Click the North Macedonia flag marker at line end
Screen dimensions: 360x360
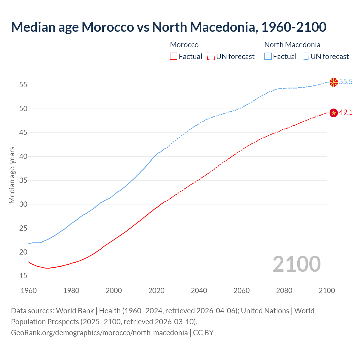tap(334, 82)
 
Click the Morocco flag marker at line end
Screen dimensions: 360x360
tap(334, 113)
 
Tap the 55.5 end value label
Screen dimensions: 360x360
tap(346, 82)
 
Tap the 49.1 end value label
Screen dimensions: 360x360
tap(346, 112)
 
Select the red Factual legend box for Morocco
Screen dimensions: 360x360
tap(174, 57)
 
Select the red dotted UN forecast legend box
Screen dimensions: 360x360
tap(211, 57)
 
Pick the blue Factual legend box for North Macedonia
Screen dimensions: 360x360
tap(268, 57)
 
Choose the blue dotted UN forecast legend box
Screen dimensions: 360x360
tap(305, 57)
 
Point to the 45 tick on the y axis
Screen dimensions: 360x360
tap(23, 132)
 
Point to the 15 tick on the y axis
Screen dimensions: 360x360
tap(23, 276)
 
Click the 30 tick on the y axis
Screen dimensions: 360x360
tap(23, 204)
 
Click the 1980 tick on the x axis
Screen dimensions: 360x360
tap(71, 291)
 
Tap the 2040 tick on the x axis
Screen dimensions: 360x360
tap(199, 291)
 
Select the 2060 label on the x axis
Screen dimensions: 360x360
tap(242, 291)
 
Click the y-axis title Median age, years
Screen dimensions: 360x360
tap(12, 175)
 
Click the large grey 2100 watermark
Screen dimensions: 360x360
tap(296, 264)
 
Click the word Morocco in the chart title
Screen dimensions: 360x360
tap(108, 27)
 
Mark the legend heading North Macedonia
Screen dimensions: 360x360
tap(292, 45)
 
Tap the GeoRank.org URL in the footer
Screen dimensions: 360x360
tap(99, 333)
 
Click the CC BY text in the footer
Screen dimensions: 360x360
tap(203, 333)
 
